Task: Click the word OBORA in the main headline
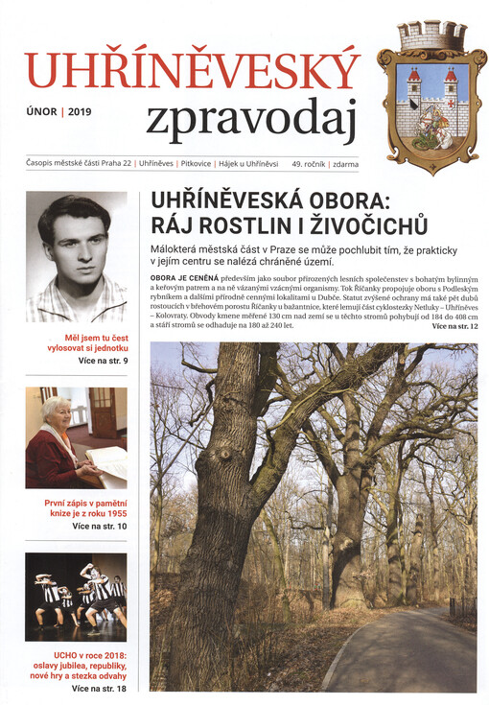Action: (368, 203)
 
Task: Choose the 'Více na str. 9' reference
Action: (102, 362)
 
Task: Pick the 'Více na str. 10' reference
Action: (100, 527)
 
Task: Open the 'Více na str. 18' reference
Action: (100, 689)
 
